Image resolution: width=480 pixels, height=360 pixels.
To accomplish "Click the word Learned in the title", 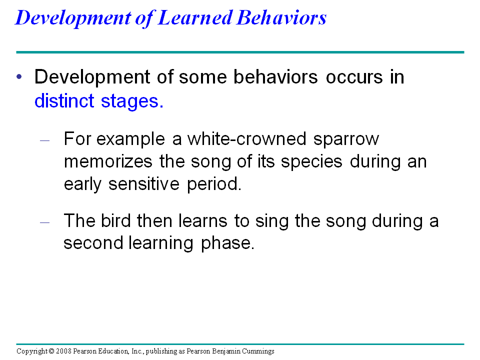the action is click(195, 18).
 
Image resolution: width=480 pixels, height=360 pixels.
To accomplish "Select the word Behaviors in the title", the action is click(281, 18).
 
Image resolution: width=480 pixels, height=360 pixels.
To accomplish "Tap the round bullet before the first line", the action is click(19, 76).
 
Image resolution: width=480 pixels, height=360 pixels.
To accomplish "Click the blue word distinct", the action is click(64, 101).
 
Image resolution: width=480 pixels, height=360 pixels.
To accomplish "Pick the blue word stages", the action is click(132, 101).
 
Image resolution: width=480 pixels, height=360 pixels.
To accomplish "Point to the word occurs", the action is click(354, 77).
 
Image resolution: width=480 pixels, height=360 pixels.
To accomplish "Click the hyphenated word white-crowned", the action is click(246, 139).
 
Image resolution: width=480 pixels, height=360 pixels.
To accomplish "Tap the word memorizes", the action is click(108, 161).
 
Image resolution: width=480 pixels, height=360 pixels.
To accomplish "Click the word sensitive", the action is click(144, 184).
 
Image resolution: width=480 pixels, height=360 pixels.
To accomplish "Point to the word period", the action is click(214, 184).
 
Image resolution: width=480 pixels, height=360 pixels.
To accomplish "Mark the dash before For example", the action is click(44, 141).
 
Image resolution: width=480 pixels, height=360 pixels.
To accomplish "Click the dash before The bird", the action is click(44, 222).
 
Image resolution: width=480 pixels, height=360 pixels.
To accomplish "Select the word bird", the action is click(115, 220).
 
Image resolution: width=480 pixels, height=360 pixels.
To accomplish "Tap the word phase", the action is click(228, 243).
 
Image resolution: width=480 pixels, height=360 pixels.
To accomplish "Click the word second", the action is click(93, 243).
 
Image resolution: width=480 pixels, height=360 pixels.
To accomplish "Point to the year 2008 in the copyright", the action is click(63, 351).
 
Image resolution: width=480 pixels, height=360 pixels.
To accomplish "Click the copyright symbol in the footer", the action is click(51, 351).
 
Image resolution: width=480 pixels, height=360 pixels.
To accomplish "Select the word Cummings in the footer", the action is click(258, 351).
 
